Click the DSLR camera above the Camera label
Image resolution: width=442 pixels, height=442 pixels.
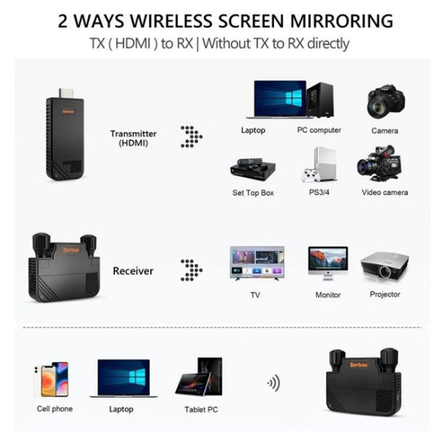[x=386, y=102]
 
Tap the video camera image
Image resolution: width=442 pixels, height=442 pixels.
[x=378, y=163]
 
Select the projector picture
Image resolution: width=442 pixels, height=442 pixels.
[x=384, y=266]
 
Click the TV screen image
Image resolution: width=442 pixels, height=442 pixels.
[x=257, y=263]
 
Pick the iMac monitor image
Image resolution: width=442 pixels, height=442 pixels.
[x=328, y=263]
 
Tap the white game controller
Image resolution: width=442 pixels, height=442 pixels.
[x=310, y=175]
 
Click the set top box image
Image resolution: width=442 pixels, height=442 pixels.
[x=253, y=170]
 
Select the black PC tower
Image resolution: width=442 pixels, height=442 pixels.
[x=321, y=100]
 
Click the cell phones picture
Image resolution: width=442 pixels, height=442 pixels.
[x=51, y=379]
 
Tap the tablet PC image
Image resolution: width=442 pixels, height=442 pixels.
[x=200, y=377]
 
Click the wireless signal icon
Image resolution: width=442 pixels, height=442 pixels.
[x=273, y=383]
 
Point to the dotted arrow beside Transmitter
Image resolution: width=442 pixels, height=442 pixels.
[x=191, y=137]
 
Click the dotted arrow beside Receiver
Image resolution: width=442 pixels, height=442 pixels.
[x=191, y=270]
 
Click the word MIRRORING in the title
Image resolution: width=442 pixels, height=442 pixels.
[x=341, y=21]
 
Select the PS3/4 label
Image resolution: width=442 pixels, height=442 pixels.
[x=319, y=193]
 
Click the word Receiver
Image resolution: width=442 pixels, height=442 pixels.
[x=133, y=271]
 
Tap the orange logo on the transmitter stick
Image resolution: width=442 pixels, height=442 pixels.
[x=68, y=111]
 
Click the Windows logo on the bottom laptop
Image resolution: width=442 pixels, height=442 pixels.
[x=137, y=378]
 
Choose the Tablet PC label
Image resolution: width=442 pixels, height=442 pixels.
[x=201, y=409]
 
